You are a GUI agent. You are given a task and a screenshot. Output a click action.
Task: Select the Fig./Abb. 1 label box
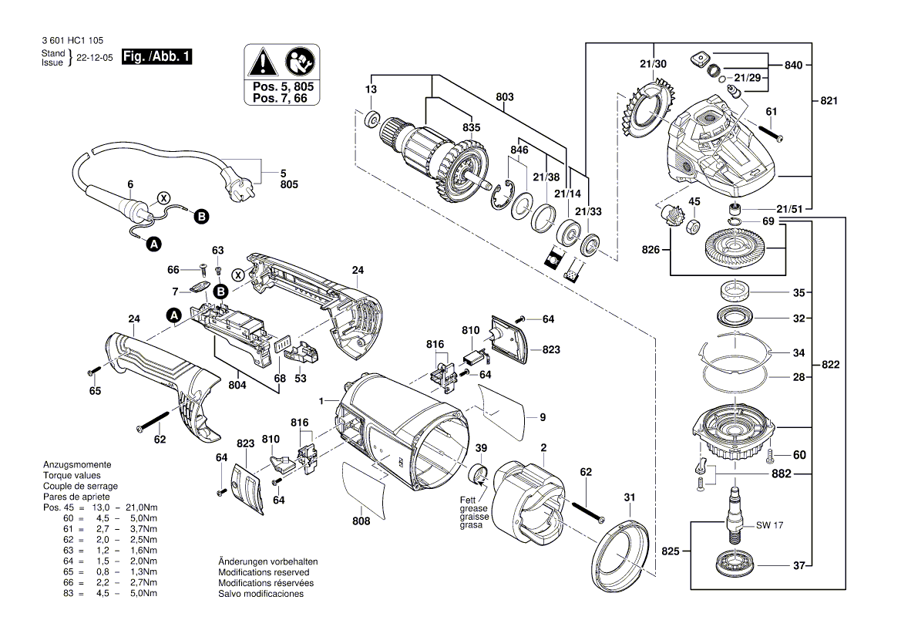tap(157, 56)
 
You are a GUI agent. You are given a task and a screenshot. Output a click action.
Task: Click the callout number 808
tap(361, 521)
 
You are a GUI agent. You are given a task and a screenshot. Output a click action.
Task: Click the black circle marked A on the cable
tap(154, 244)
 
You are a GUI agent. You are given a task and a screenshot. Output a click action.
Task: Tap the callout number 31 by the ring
tap(629, 497)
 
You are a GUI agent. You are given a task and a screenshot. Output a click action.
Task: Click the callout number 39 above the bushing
tap(481, 450)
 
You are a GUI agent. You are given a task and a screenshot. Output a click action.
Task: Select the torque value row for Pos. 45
tap(101, 507)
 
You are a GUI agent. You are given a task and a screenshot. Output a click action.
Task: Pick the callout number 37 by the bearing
tap(799, 565)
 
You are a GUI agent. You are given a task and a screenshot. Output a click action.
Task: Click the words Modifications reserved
tap(264, 572)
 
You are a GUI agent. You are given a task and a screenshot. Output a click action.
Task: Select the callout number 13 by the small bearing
tap(371, 91)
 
